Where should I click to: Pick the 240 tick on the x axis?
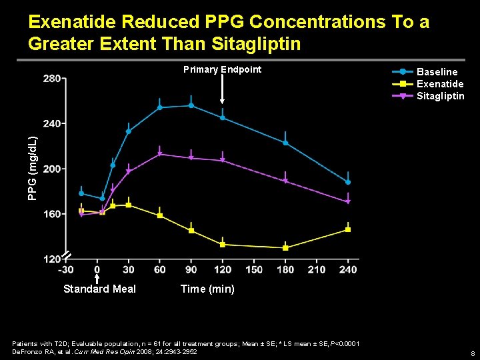pos(348,269)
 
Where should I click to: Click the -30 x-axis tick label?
pos(66,269)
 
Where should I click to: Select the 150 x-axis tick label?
pos(254,269)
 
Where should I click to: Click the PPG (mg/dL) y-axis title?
pos(32,168)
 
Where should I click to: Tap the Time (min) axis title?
pos(208,289)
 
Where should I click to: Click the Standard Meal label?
pos(99,289)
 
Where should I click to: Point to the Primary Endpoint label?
pos(222,69)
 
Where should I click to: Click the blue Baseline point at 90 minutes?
pos(191,105)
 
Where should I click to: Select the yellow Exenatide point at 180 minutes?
pos(285,247)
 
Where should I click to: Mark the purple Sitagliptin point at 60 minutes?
pos(160,155)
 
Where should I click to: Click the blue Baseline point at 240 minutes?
pos(348,182)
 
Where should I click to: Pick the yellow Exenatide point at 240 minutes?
pos(348,229)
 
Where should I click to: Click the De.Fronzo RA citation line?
pos(105,351)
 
